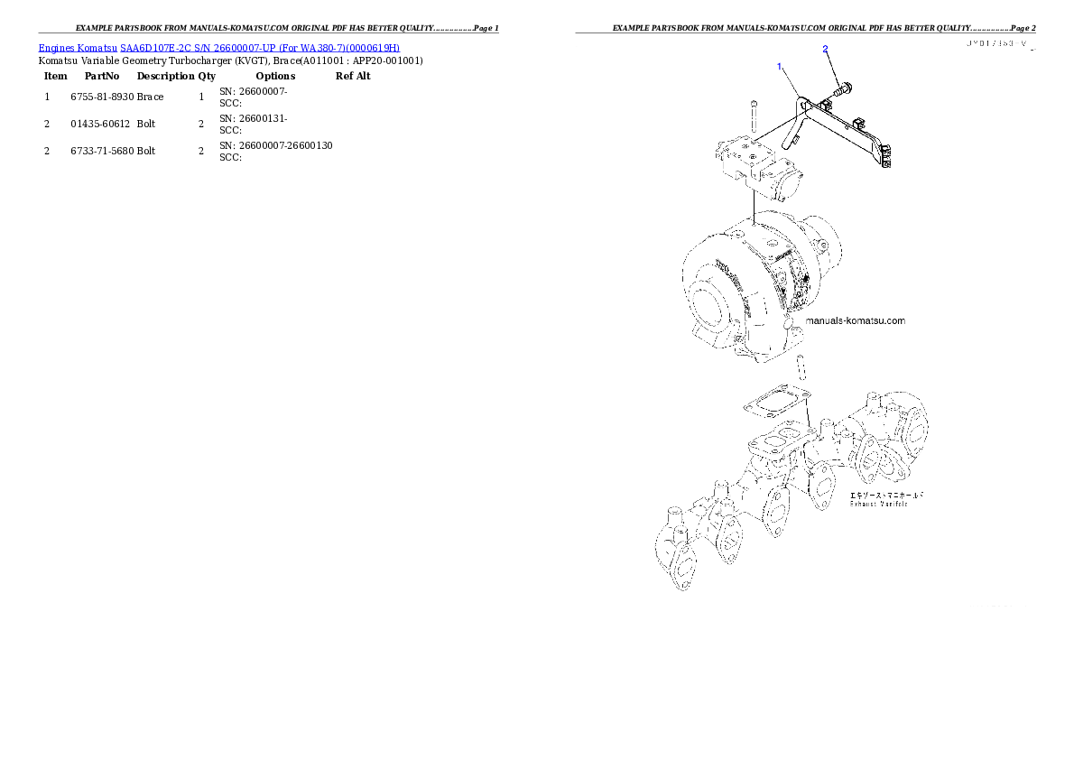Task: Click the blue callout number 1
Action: (780, 67)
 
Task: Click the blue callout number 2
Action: (825, 49)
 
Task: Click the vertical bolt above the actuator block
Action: (754, 116)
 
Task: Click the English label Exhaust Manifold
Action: (878, 504)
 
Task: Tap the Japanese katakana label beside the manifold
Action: (886, 495)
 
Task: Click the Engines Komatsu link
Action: (79, 47)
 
